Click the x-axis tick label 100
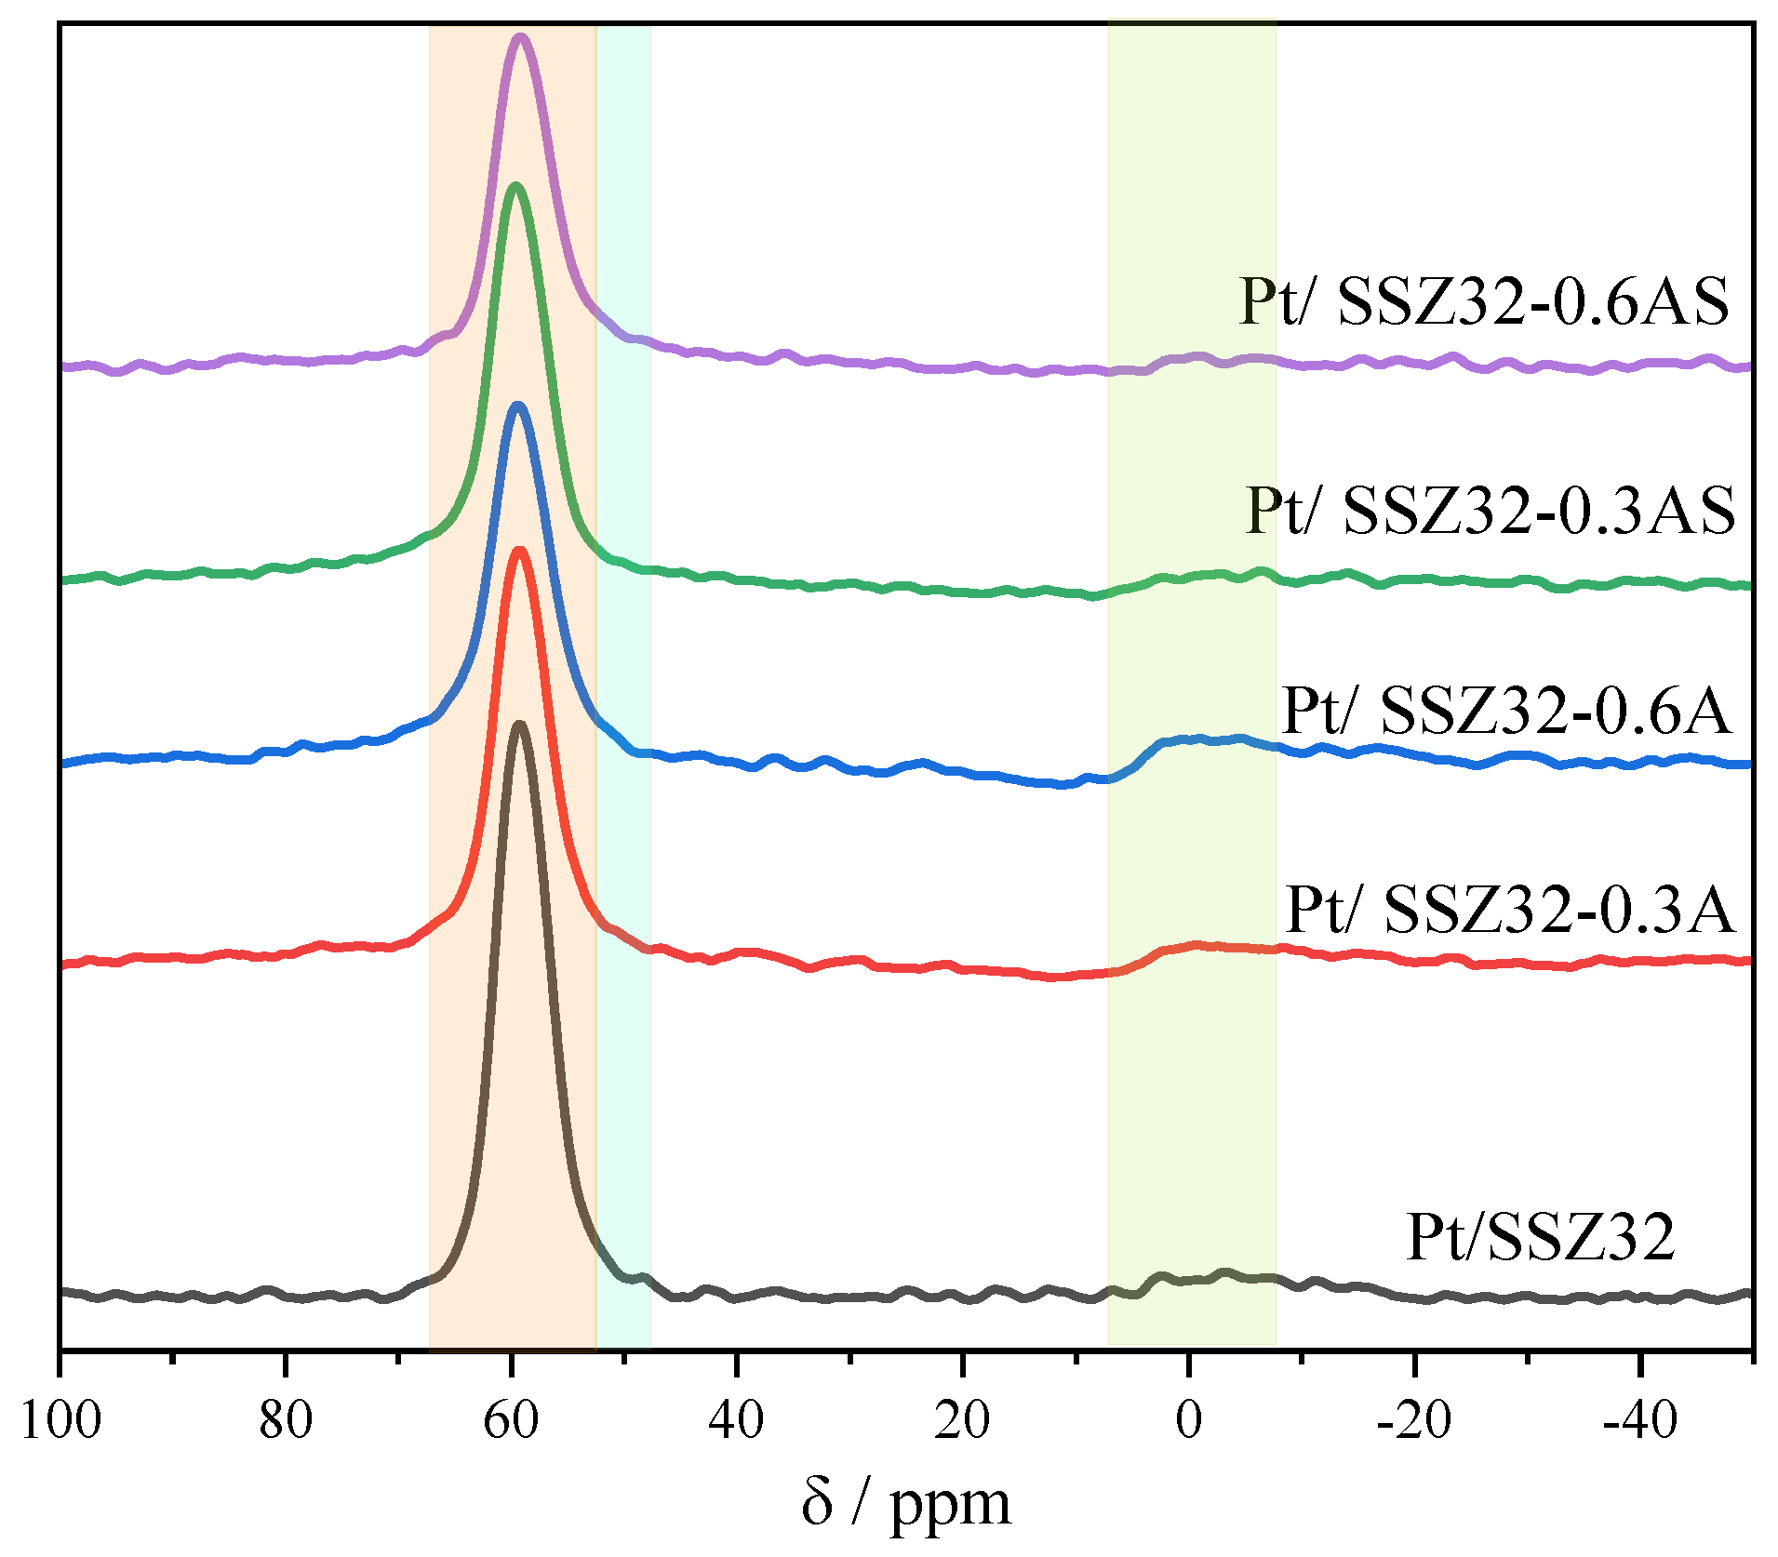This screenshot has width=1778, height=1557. [x=60, y=1420]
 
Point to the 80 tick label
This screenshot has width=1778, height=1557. [x=286, y=1420]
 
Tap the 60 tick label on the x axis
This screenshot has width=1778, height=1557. [x=511, y=1420]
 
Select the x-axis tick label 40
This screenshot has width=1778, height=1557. [x=737, y=1420]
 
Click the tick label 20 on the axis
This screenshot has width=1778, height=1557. [x=963, y=1420]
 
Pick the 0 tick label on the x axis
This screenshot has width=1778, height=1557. [x=1189, y=1420]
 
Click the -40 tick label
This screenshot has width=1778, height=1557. [x=1638, y=1420]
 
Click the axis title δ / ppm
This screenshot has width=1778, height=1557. [x=905, y=1505]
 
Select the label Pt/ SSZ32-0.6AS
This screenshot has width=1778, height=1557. [x=1483, y=301]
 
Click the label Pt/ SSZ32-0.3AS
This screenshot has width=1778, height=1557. [x=1490, y=511]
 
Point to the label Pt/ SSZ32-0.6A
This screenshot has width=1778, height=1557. [x=1506, y=712]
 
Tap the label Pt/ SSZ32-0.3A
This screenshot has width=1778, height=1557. [x=1509, y=909]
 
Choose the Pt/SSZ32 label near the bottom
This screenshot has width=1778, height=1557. [x=1540, y=1237]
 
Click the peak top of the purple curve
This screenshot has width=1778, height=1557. [x=520, y=38]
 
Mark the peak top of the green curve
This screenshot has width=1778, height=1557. [x=515, y=186]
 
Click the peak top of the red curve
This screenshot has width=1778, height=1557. [x=518, y=550]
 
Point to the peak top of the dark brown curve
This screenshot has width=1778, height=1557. [x=519, y=724]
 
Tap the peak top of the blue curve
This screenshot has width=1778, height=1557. [x=517, y=406]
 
